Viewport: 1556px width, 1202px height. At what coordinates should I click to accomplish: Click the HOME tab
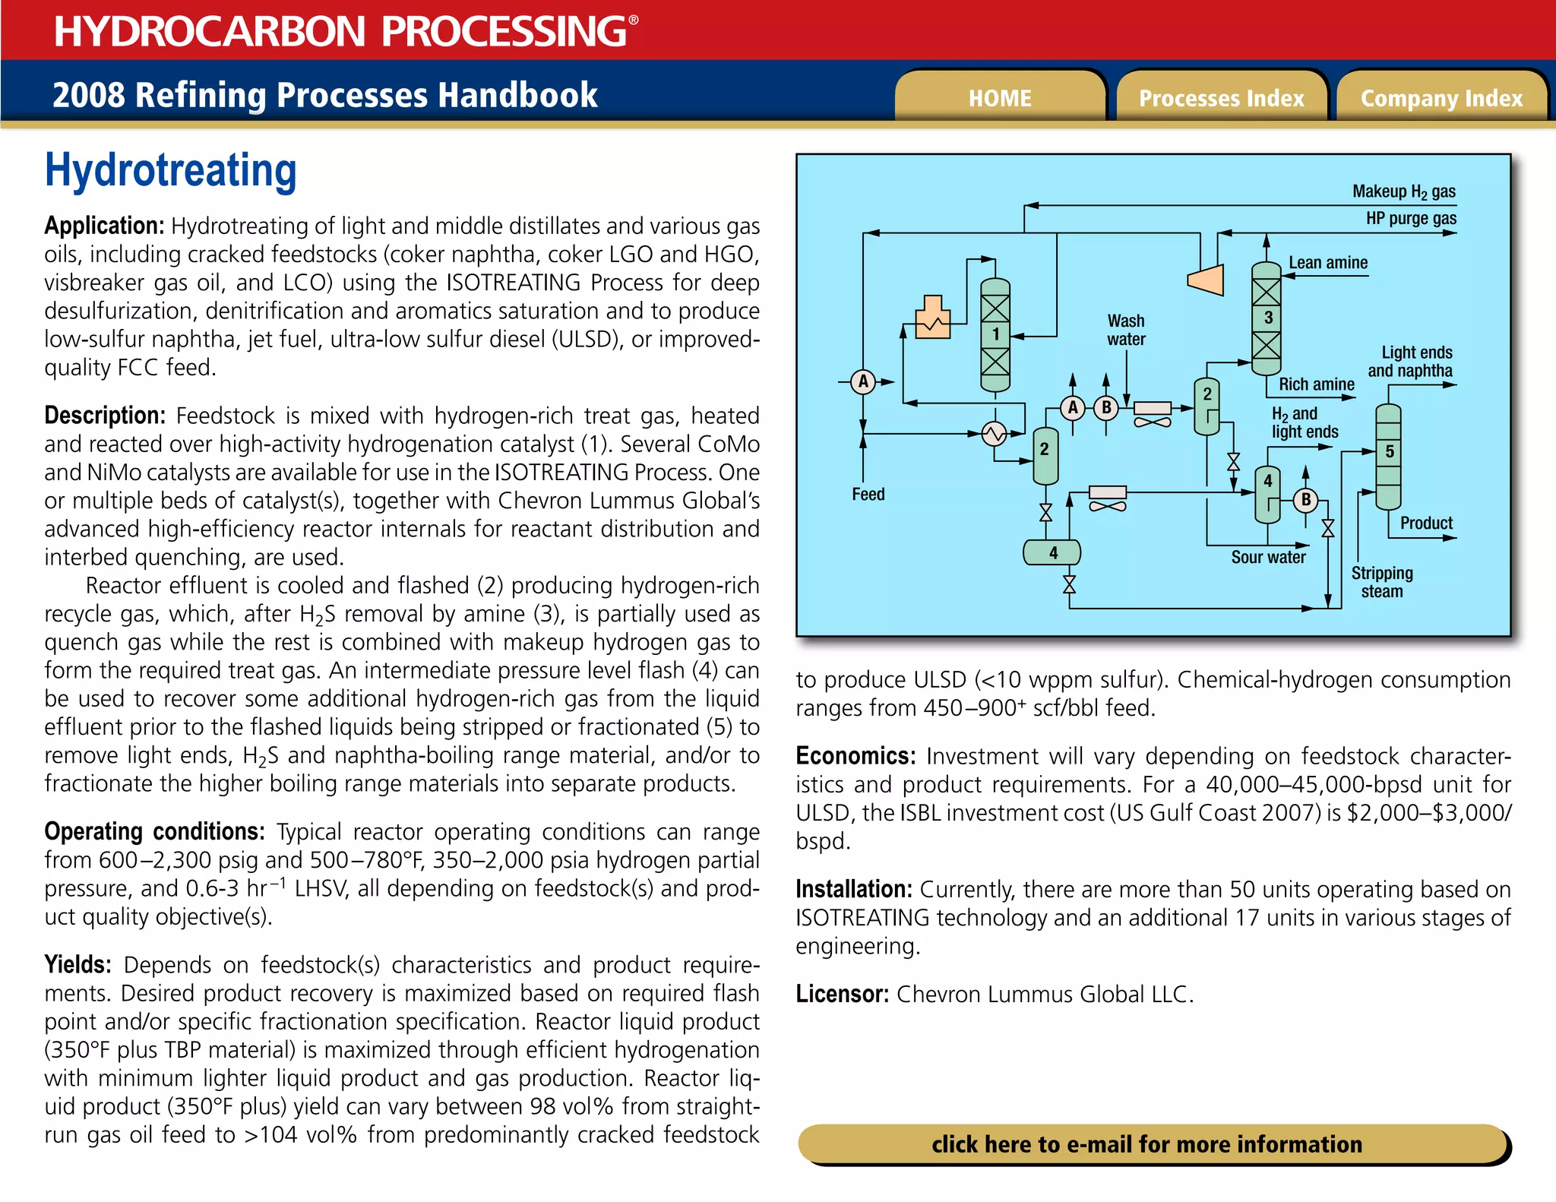[999, 98]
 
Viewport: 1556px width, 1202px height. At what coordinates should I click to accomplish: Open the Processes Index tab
[1221, 98]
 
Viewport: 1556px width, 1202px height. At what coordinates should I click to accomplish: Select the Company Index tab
[1441, 98]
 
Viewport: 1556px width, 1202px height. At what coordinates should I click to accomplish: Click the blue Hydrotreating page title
[171, 170]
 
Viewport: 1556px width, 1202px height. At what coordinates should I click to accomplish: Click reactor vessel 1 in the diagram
[995, 334]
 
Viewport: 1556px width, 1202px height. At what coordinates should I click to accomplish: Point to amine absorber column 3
[1266, 318]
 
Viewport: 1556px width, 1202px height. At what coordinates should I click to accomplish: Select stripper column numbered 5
[1388, 455]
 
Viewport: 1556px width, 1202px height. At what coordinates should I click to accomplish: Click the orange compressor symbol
[1206, 279]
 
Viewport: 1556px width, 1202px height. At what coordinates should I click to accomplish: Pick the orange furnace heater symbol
[933, 317]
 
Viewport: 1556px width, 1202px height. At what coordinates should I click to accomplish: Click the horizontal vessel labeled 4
[1052, 552]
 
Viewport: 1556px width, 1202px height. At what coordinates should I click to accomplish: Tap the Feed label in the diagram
[868, 494]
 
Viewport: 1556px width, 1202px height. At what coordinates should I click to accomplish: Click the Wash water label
[1125, 330]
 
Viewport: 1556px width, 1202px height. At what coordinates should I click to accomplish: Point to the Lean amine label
[1327, 263]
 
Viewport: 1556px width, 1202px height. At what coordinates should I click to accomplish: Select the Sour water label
[1268, 557]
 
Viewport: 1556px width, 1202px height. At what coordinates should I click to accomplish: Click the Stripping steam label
[1382, 581]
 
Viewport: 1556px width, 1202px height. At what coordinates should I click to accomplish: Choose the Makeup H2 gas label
[1403, 191]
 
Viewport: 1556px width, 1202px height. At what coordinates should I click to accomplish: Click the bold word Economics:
[855, 756]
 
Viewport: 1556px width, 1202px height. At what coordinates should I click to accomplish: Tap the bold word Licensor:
[842, 994]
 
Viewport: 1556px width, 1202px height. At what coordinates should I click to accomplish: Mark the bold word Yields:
[77, 964]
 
